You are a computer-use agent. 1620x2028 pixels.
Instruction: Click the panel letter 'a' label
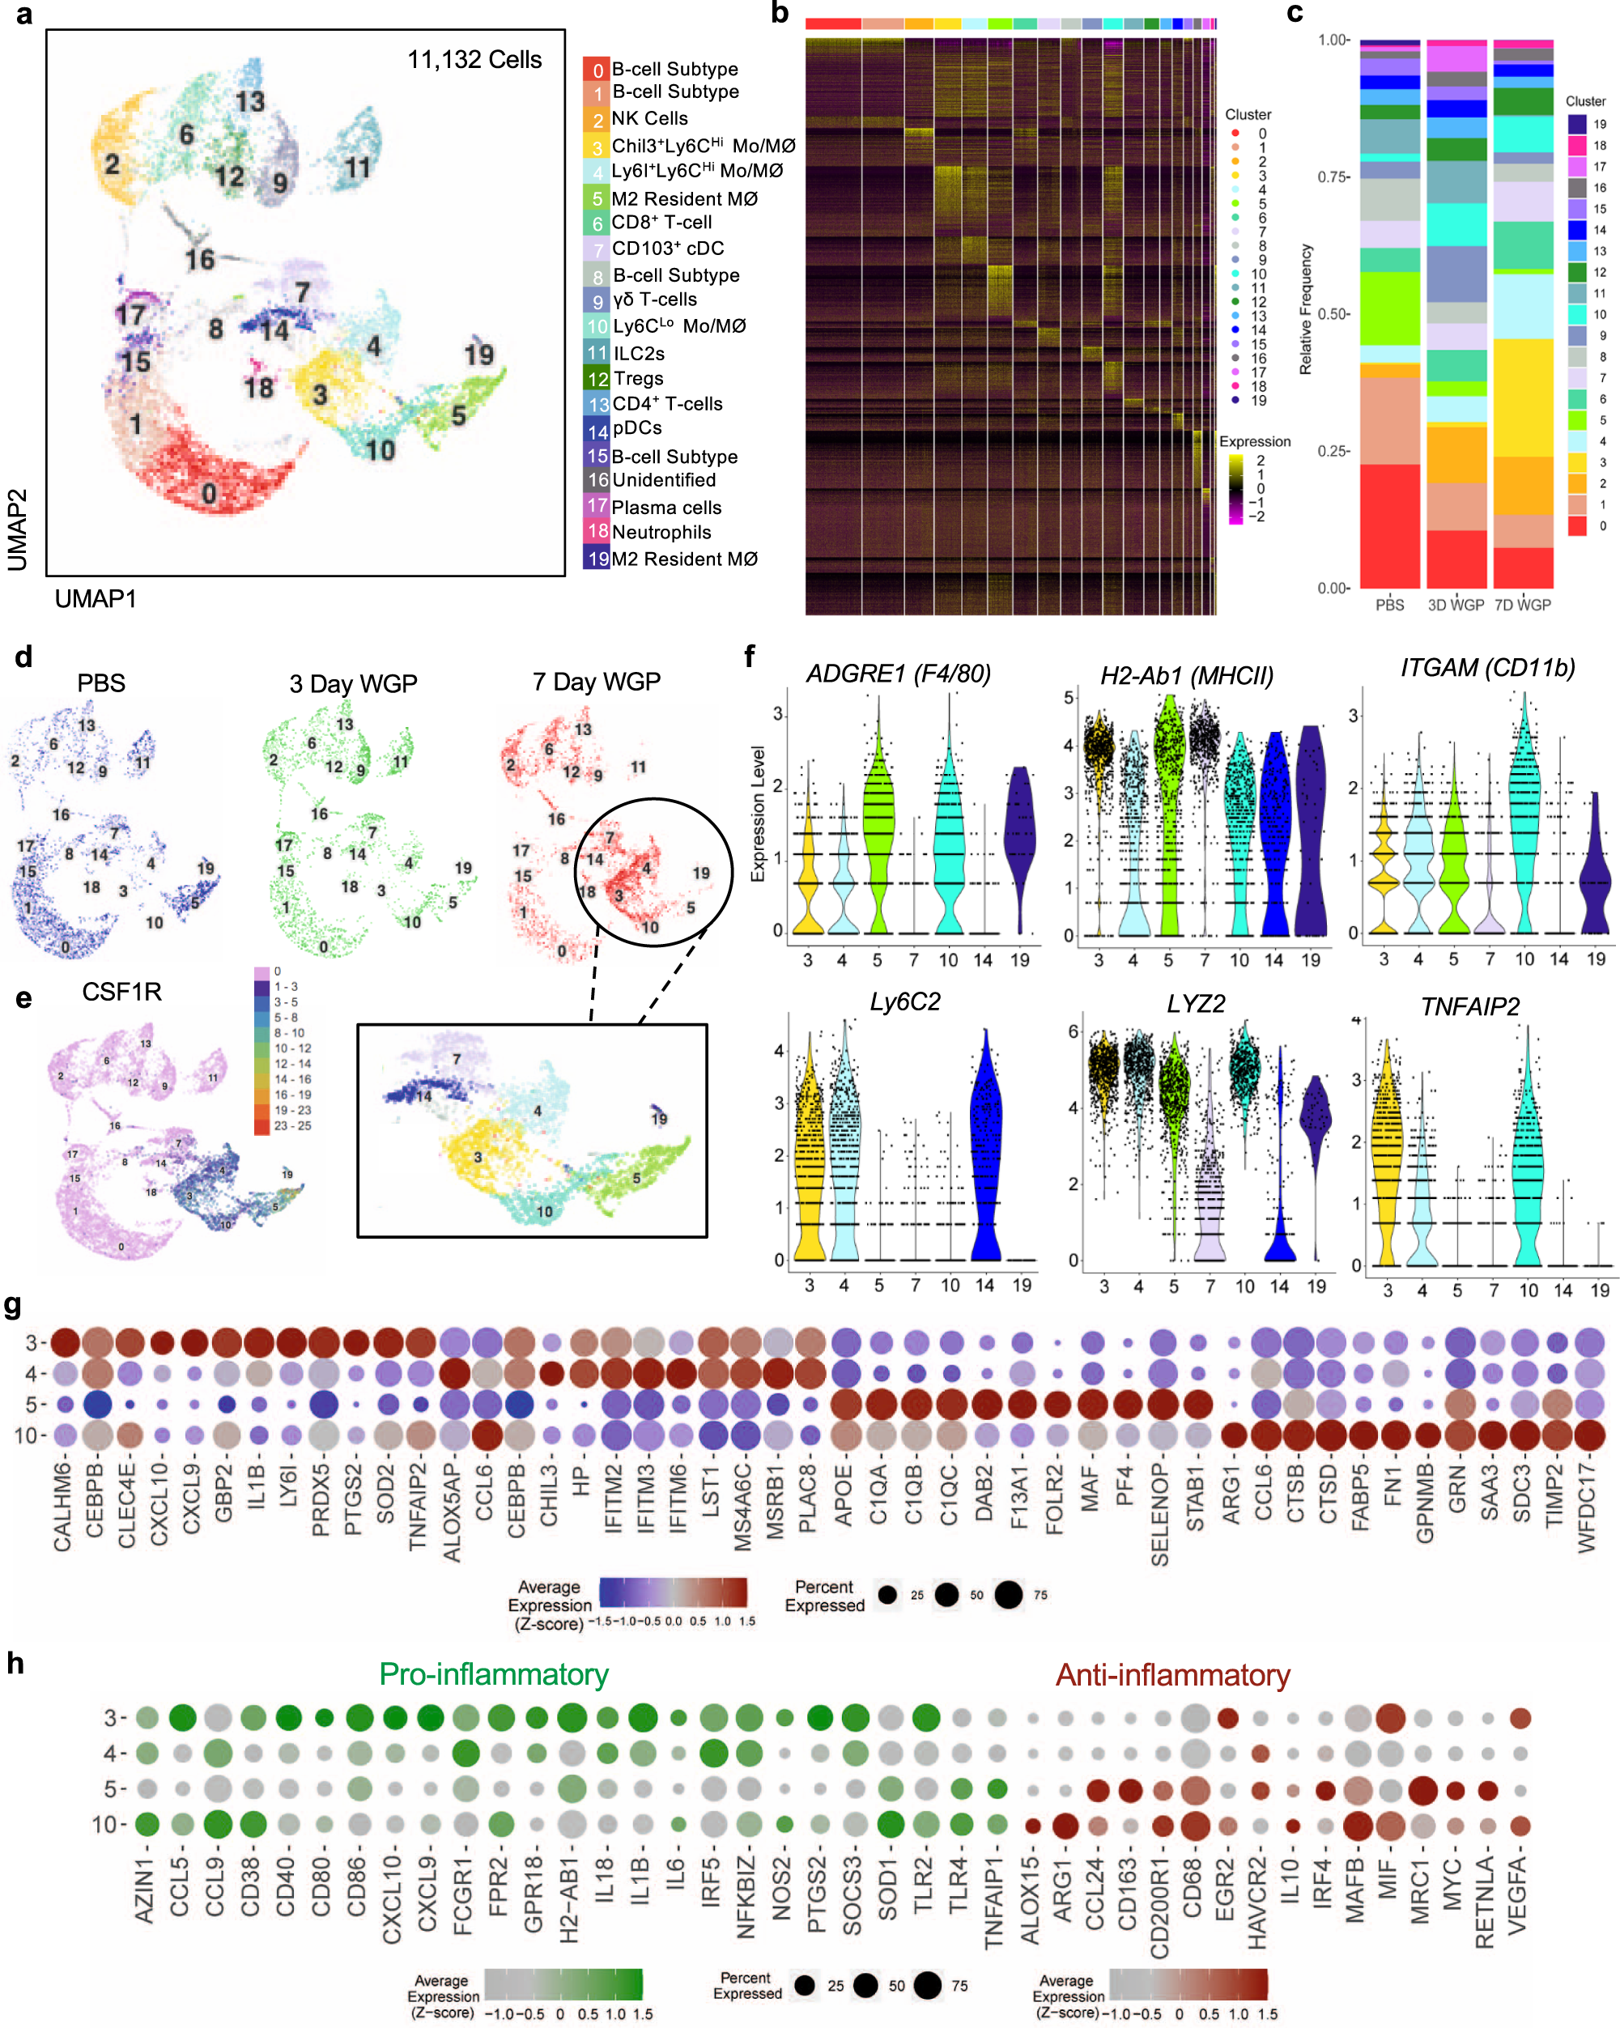[x=23, y=15]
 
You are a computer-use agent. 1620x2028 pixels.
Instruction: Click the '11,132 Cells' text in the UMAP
[x=474, y=60]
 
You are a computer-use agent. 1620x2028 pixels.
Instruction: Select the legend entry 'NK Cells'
[x=649, y=118]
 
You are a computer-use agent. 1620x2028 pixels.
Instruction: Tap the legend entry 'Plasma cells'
[x=666, y=508]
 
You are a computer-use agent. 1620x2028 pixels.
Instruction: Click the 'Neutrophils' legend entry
[x=661, y=533]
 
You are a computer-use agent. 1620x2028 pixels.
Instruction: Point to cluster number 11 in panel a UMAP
[x=358, y=168]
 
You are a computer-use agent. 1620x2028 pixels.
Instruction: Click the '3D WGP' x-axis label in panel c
[x=1456, y=606]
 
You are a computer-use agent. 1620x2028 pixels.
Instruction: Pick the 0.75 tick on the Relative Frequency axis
[x=1333, y=176]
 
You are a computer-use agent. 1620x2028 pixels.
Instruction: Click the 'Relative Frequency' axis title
[x=1306, y=310]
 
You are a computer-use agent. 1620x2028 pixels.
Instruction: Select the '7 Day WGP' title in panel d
[x=597, y=682]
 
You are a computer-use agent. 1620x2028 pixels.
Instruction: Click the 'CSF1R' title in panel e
[x=121, y=993]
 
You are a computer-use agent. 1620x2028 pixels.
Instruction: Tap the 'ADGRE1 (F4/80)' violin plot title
[x=899, y=674]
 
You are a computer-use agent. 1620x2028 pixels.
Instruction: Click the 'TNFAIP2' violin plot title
[x=1469, y=1007]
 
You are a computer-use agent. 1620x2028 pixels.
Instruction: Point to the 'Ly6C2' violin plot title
[x=904, y=1003]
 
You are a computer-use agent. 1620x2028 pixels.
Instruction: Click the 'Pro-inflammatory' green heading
[x=494, y=1675]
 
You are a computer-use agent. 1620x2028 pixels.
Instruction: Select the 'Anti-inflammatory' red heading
[x=1172, y=1675]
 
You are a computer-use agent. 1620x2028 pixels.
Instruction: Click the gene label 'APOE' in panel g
[x=844, y=1494]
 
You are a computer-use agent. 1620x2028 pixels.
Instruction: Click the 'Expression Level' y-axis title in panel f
[x=757, y=814]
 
